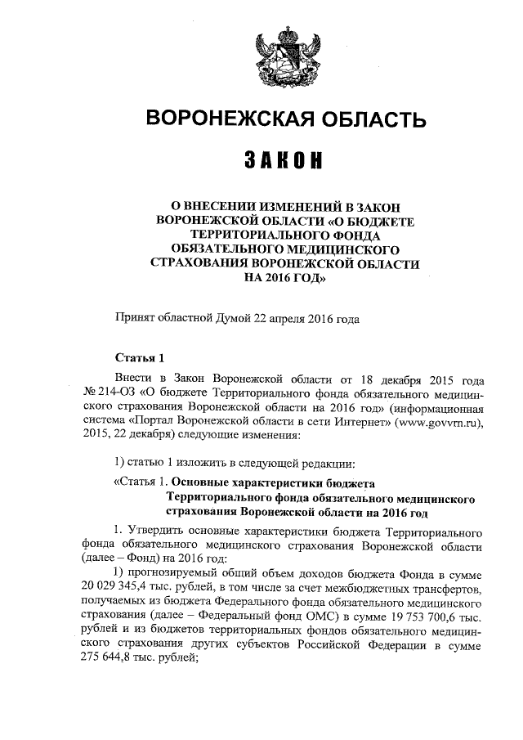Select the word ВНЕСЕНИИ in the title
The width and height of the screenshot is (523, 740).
[225, 207]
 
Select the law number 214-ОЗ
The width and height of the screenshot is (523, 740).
[113, 396]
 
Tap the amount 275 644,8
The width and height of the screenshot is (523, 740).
[111, 665]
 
